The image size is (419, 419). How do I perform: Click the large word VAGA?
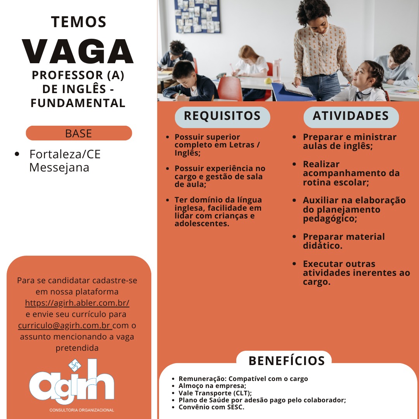tap(78, 52)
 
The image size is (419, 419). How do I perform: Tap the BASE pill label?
tap(79, 133)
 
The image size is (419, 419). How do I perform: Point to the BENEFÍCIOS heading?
tap(286, 361)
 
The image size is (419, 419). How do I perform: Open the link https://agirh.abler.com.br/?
tap(77, 303)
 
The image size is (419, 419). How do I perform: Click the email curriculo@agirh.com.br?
tap(64, 325)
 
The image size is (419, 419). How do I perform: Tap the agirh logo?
tap(72, 384)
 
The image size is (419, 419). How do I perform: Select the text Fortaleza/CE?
tap(65, 154)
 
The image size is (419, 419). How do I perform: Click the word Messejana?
tap(59, 168)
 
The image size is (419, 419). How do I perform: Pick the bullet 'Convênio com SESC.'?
tap(211, 407)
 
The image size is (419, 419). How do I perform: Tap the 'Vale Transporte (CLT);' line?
tap(215, 393)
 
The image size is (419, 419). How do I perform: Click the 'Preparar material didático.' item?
tap(344, 241)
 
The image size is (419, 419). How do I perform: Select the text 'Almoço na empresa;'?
tap(212, 386)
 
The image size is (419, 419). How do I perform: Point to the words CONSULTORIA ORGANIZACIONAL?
tap(82, 410)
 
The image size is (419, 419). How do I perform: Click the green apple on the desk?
tap(268, 81)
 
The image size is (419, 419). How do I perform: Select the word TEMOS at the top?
tap(79, 22)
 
